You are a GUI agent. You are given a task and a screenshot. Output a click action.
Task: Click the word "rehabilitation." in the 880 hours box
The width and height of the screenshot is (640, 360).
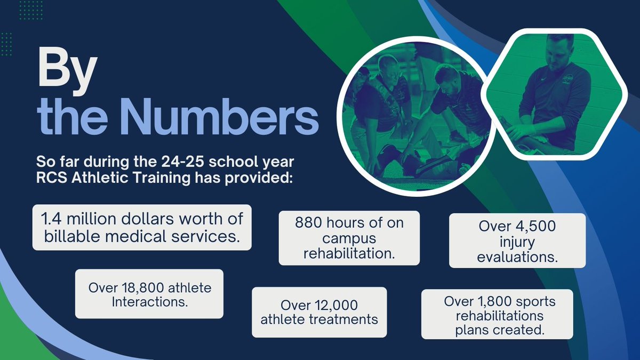[x=349, y=253]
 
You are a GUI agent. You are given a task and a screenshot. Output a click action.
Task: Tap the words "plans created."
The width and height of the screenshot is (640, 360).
[x=500, y=330]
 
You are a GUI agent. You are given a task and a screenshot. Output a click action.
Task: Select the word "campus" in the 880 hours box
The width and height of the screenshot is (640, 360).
[x=349, y=238]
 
